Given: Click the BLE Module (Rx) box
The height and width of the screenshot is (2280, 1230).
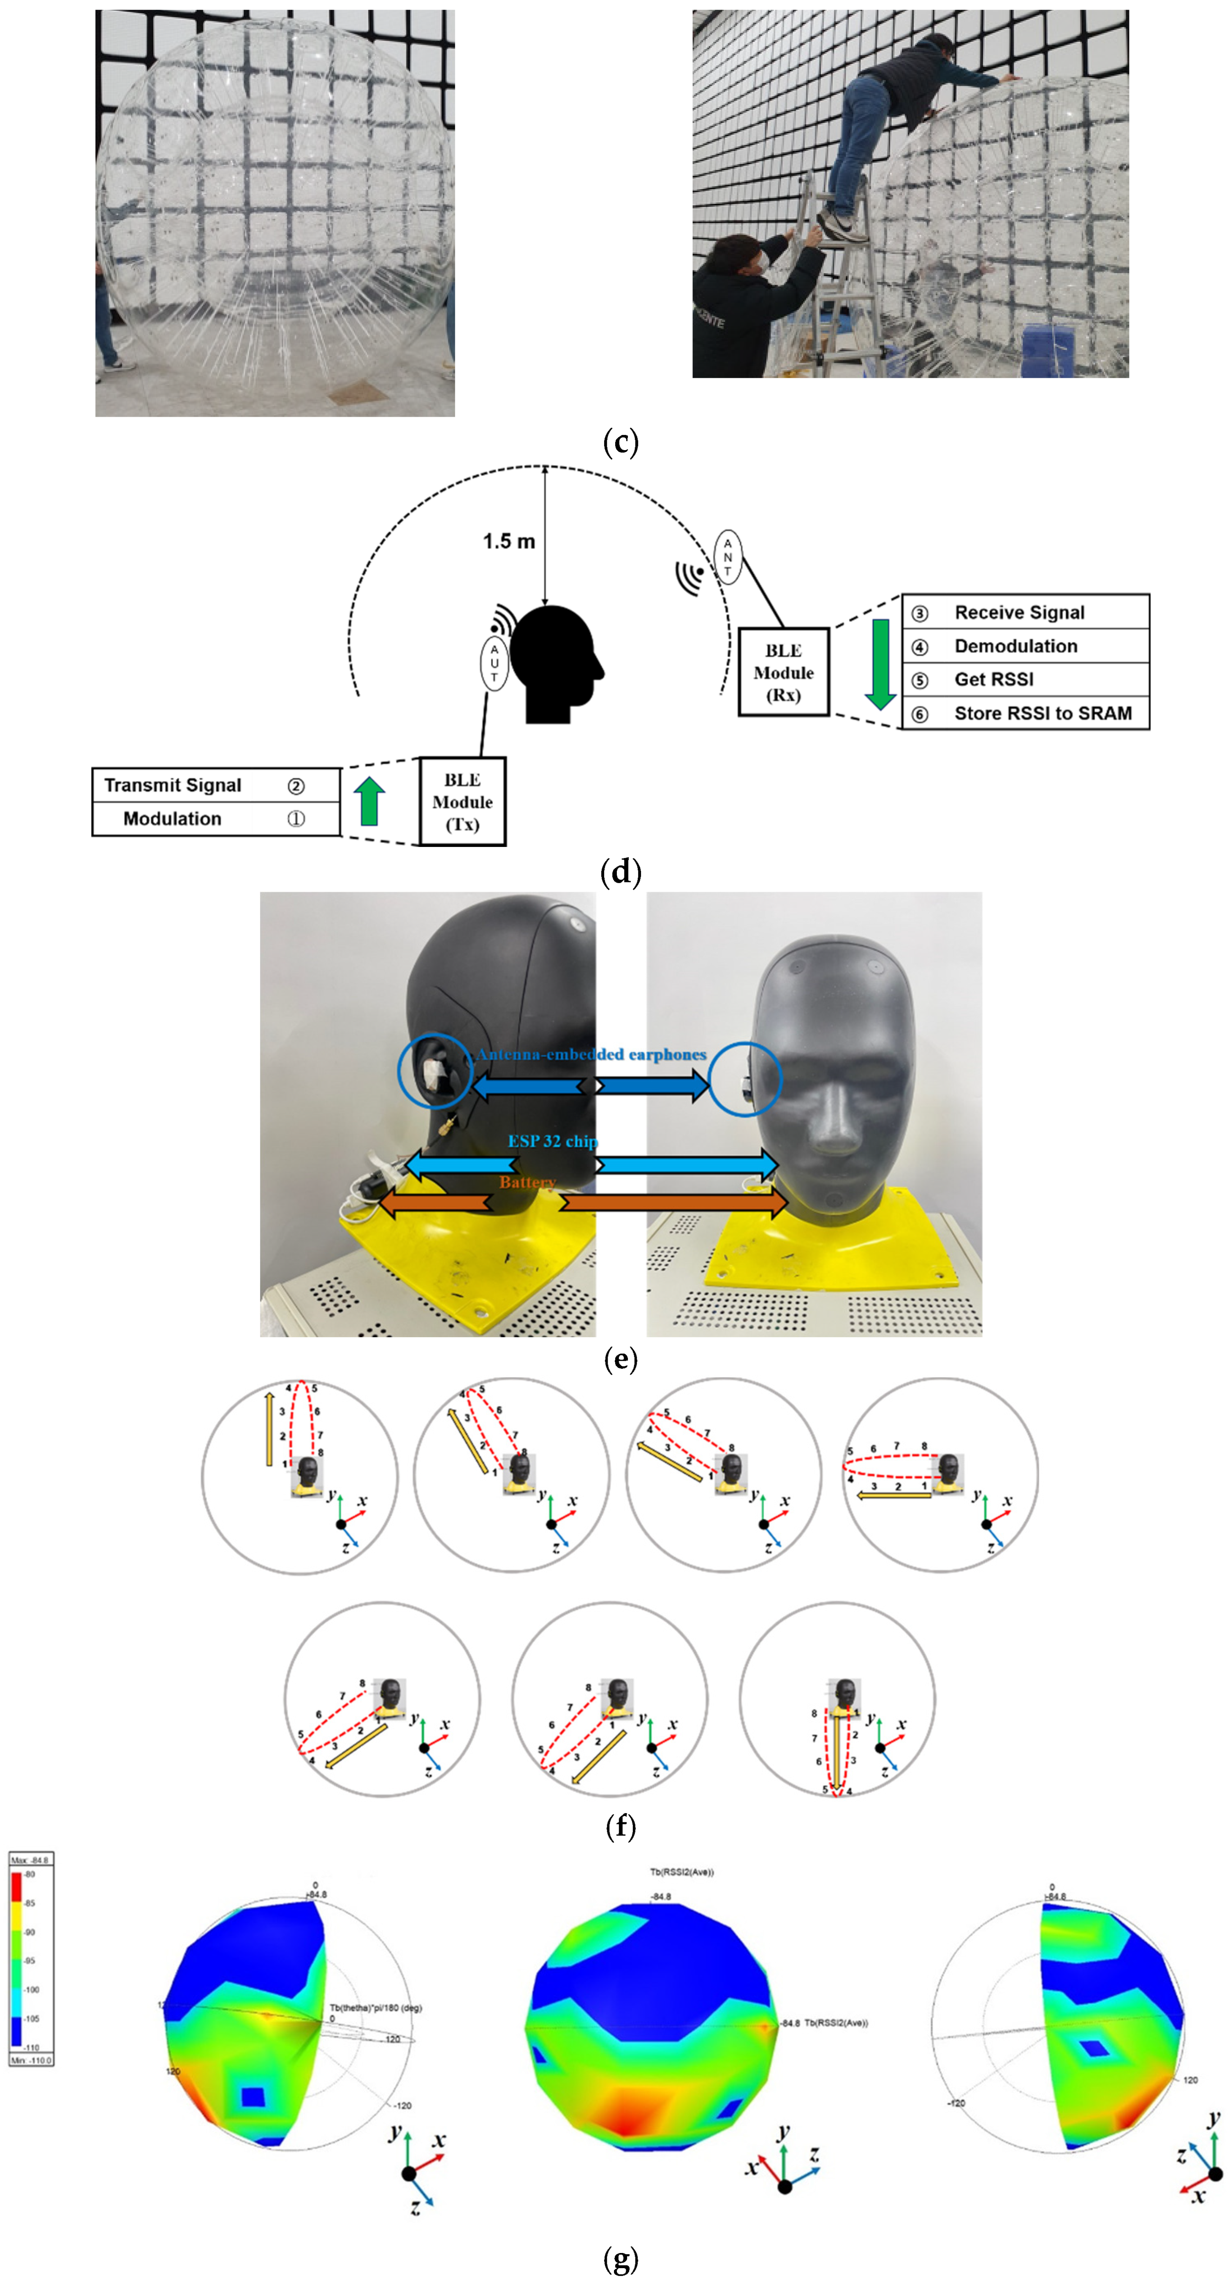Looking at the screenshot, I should pyautogui.click(x=783, y=672).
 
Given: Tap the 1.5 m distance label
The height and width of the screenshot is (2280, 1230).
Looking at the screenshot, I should pyautogui.click(x=509, y=541).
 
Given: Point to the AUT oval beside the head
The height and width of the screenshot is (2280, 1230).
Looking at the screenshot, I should pyautogui.click(x=494, y=662).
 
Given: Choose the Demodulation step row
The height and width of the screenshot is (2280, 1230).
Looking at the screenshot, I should pyautogui.click(x=1025, y=646).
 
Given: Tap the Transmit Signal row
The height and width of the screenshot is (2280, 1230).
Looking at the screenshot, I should pyautogui.click(x=216, y=785).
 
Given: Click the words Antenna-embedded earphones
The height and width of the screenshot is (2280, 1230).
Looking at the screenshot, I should pyautogui.click(x=591, y=1054).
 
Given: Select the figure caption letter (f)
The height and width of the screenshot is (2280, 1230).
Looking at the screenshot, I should pyautogui.click(x=620, y=1826).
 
